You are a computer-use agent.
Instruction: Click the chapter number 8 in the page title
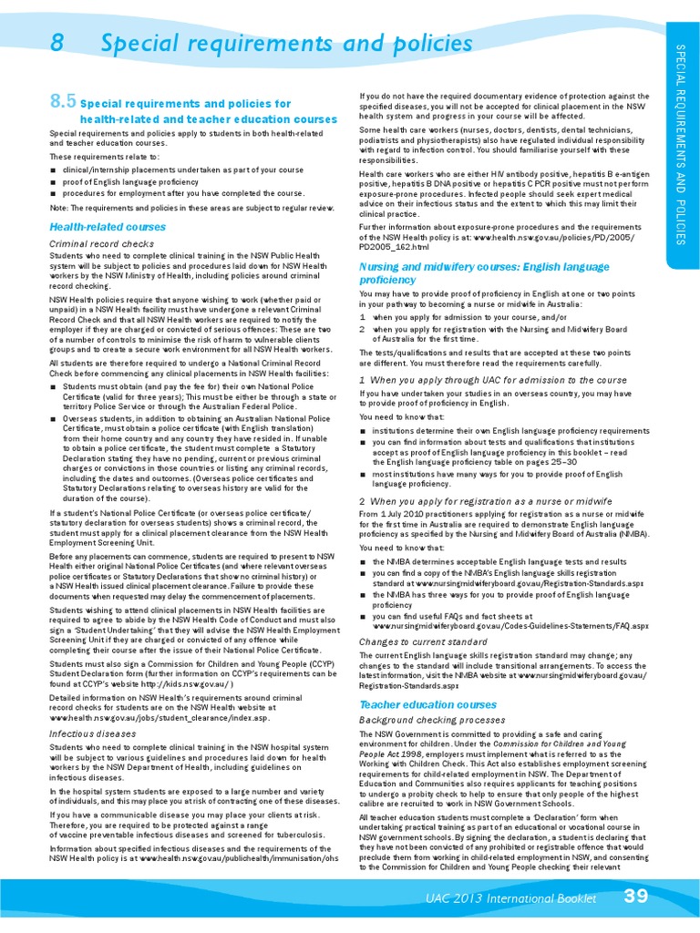coord(57,44)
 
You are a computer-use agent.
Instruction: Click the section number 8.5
coord(63,103)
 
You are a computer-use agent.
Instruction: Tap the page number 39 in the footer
coord(635,897)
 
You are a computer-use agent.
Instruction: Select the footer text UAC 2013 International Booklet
coord(511,899)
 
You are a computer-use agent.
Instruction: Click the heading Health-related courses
coord(108,226)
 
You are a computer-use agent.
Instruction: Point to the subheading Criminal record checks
coord(101,244)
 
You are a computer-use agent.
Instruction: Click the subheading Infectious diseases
coord(93,733)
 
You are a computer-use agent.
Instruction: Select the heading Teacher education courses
coord(427,705)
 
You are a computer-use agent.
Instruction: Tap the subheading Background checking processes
coord(432,720)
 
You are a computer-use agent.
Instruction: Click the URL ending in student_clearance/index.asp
coord(160,718)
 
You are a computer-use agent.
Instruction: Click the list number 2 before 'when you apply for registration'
coord(363,328)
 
